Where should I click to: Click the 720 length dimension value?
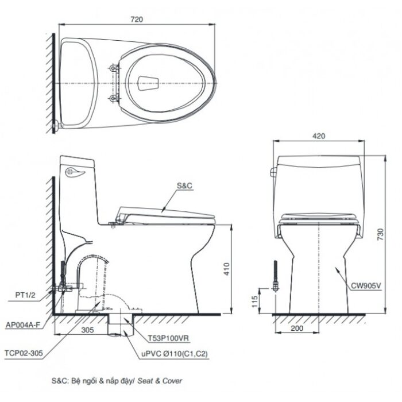[x=136, y=19]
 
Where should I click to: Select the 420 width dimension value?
[x=319, y=136]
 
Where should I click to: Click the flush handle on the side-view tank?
[x=75, y=171]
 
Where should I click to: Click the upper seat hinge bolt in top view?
[x=115, y=68]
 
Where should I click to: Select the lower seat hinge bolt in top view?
[x=115, y=99]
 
